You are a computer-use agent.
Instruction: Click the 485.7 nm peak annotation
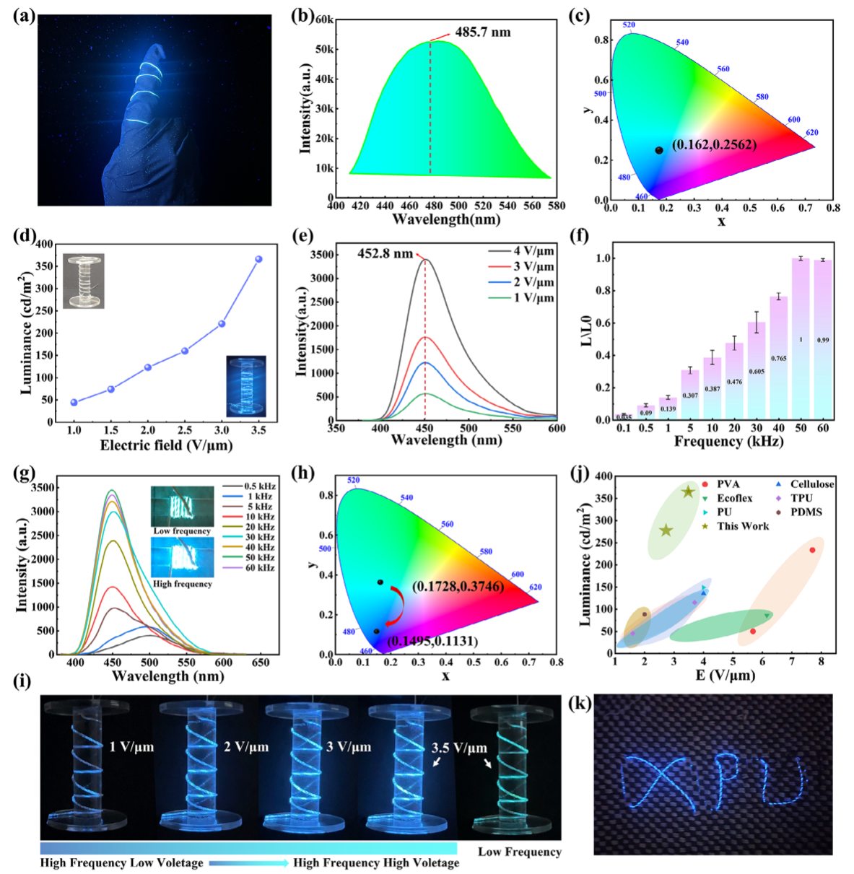tap(482, 32)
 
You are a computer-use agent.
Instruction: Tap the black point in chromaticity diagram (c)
tap(658, 150)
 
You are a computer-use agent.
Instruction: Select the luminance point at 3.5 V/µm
tap(258, 259)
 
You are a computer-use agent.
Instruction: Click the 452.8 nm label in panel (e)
tap(385, 253)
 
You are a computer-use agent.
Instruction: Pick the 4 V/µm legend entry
tap(533, 251)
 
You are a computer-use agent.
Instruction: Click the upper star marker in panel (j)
tap(688, 492)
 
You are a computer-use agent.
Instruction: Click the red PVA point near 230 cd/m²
tap(812, 550)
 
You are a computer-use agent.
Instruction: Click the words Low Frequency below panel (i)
tap(519, 852)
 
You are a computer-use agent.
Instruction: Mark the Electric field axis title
tap(166, 445)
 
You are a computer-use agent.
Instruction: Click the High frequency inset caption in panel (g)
tap(183, 583)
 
